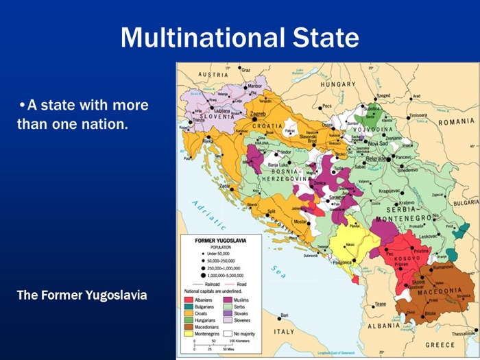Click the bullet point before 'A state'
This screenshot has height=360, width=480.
[x=23, y=106]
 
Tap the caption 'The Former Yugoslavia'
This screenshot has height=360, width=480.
[x=82, y=296]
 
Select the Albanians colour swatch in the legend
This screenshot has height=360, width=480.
[x=188, y=300]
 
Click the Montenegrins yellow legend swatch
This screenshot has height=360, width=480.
[x=188, y=334]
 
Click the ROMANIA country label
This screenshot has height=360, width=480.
[x=457, y=121]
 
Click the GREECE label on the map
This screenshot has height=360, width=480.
[x=440, y=344]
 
